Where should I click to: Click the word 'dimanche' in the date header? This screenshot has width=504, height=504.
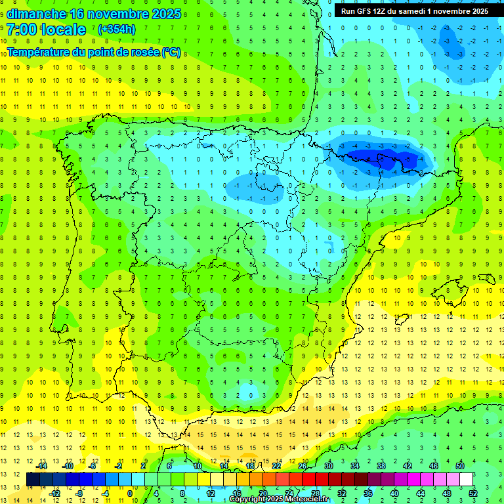35,14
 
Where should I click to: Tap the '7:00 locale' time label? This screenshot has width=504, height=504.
46,30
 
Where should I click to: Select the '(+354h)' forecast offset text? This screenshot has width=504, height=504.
117,30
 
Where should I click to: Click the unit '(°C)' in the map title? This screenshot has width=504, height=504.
171,52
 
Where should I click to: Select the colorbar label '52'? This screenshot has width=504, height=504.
474,493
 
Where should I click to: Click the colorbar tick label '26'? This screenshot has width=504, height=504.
303,466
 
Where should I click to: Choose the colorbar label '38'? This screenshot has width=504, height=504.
381,466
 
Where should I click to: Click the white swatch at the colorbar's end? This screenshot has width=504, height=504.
467,480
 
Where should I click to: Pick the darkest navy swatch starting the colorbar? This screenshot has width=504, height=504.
33,480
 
